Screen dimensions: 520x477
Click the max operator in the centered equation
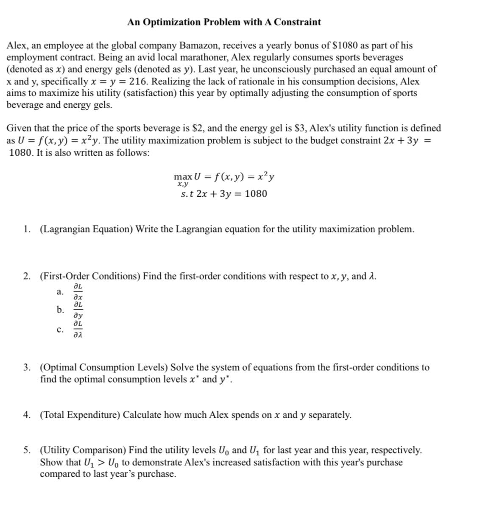coord(183,176)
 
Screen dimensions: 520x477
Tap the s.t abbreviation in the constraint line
coord(187,194)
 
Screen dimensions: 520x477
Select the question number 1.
coord(27,229)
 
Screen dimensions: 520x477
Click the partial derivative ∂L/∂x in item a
coord(78,292)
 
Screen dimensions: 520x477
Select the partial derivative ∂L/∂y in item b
coord(78,310)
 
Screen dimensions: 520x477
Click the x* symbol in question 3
coord(194,379)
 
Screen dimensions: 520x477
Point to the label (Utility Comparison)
coord(83,450)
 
